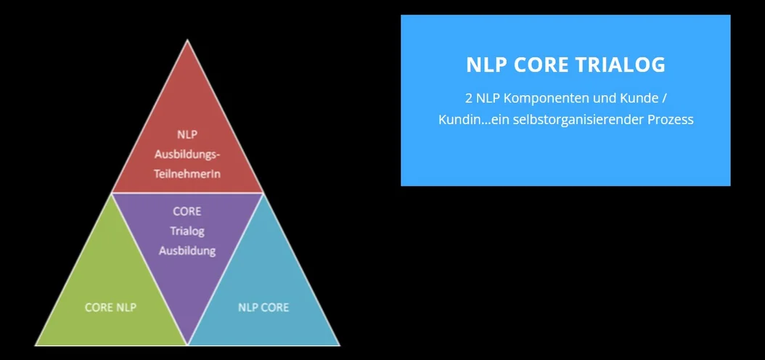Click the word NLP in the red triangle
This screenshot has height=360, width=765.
(187, 135)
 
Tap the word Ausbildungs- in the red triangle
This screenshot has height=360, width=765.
(187, 155)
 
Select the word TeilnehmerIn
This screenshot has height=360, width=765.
(187, 173)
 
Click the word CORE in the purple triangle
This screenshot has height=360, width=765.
(187, 212)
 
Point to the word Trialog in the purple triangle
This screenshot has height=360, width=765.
(187, 232)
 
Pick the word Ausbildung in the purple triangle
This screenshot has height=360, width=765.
(187, 250)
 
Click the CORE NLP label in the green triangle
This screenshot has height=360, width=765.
(111, 307)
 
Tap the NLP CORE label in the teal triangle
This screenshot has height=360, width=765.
(263, 307)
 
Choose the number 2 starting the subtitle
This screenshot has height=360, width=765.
(468, 98)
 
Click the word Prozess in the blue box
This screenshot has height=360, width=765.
(671, 120)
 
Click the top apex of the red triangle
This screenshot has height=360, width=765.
(187, 40)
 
